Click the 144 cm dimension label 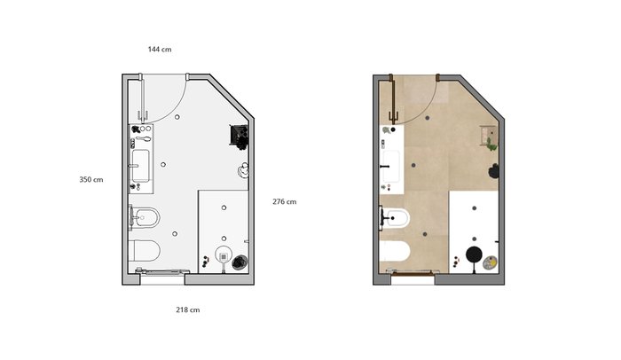tap(160, 50)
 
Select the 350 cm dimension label tap(91, 179)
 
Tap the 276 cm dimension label tap(285, 201)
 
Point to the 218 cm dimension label tap(188, 309)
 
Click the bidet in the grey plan tap(145, 217)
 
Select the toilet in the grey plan tap(145, 250)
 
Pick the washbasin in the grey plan tap(140, 166)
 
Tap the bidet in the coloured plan tap(396, 218)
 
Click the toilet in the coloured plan tap(395, 251)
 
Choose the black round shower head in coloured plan tap(473, 254)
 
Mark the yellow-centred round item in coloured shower tap(491, 262)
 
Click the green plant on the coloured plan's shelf tap(491, 145)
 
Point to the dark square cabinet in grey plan tap(240, 136)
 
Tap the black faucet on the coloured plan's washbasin tap(384, 167)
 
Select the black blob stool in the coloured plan tap(493, 171)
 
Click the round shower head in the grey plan tap(224, 255)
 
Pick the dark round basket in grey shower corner tap(240, 262)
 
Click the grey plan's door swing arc tap(175, 107)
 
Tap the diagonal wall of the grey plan tap(231, 96)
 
